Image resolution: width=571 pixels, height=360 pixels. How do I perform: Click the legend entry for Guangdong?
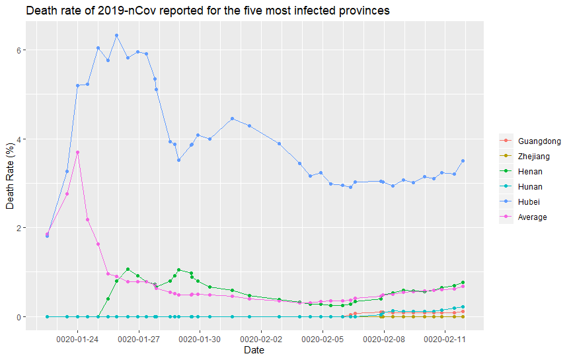coord(539,141)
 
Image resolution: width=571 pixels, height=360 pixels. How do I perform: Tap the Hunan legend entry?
coord(532,187)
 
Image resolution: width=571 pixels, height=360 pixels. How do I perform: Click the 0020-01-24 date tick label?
coord(78,339)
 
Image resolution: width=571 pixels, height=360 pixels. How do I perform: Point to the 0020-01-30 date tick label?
coord(200,339)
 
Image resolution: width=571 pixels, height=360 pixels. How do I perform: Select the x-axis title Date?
coord(254,351)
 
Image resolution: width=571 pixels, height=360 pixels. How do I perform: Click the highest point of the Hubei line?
coord(116,35)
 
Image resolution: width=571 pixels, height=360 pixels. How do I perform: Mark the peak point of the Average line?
coord(77,152)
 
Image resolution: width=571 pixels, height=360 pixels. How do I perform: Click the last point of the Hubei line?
coord(463,161)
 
